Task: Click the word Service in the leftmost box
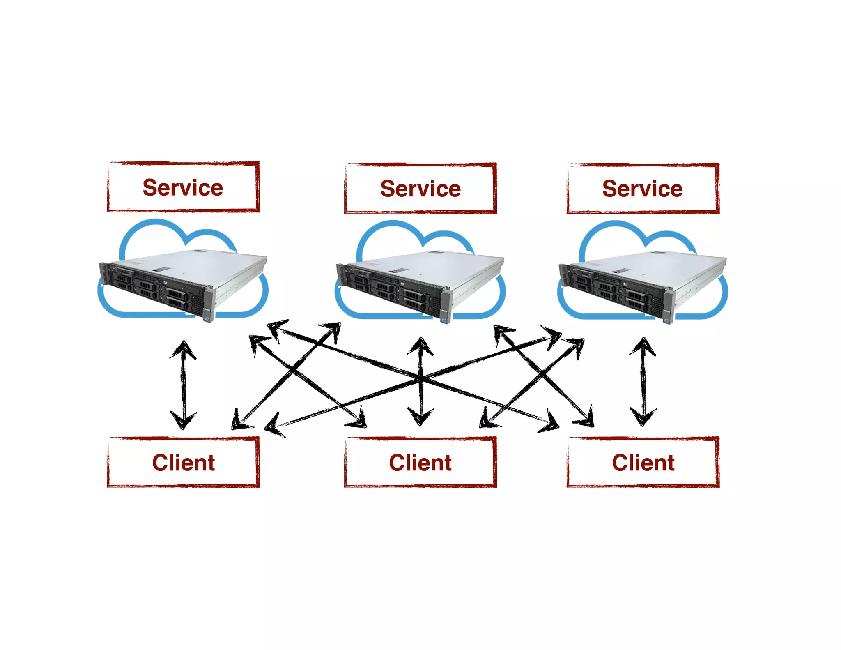click(x=183, y=188)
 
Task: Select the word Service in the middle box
click(x=420, y=189)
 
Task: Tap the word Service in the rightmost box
click(x=642, y=189)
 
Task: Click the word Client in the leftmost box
click(x=183, y=463)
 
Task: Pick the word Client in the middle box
click(x=420, y=463)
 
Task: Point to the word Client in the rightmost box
click(x=643, y=463)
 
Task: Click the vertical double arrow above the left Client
click(x=183, y=384)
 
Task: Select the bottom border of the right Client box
click(x=643, y=486)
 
